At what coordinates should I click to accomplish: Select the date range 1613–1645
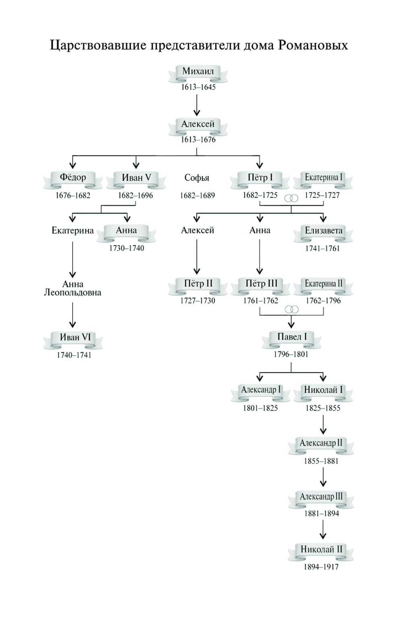(198, 87)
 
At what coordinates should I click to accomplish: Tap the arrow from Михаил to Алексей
(197, 106)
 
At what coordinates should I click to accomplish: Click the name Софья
(197, 178)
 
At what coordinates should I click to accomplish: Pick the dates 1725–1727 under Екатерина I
(322, 195)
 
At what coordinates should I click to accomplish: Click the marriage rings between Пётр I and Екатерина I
(291, 198)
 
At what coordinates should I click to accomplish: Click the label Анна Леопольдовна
(73, 288)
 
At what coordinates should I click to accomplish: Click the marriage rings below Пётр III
(291, 309)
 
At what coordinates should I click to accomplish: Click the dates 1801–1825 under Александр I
(260, 408)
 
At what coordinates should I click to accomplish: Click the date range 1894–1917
(321, 567)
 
